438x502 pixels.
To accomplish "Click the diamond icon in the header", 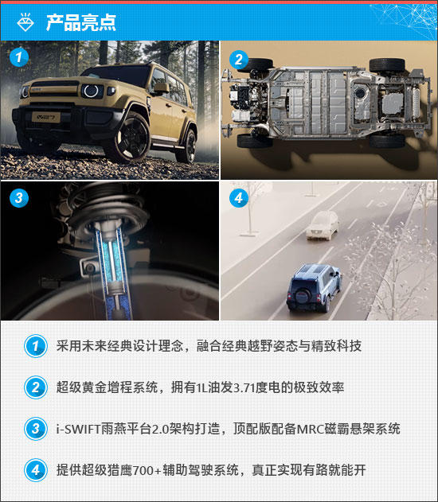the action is [x=25, y=22].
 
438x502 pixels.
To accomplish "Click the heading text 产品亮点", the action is [x=81, y=22].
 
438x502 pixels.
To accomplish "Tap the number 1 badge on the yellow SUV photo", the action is [x=19, y=57].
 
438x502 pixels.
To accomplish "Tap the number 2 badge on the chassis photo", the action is [x=239, y=60].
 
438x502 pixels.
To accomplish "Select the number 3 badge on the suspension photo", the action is [x=19, y=197].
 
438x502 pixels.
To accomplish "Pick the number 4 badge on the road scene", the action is [x=239, y=198].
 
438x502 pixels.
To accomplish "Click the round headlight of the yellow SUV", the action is [x=92, y=91].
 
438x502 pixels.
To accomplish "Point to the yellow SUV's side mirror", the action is [x=161, y=88].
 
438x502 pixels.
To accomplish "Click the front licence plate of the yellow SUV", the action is [x=46, y=117].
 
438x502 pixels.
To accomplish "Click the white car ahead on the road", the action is [x=323, y=225].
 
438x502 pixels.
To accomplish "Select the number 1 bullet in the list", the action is [x=36, y=346].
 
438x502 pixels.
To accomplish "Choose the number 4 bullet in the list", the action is [x=36, y=470].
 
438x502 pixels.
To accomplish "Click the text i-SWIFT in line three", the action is [x=79, y=429].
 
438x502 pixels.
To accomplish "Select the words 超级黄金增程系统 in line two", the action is [x=107, y=387].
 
